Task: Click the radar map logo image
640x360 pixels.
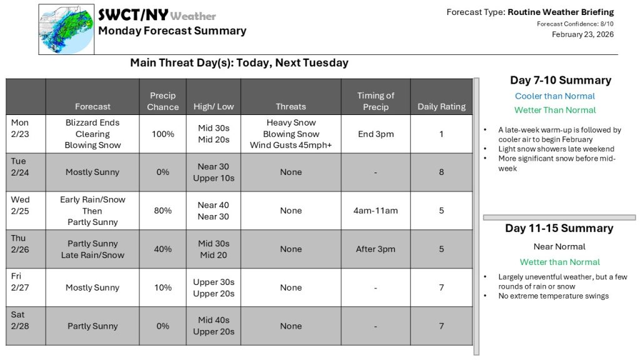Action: tap(66, 29)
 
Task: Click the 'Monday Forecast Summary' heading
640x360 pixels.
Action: tap(172, 31)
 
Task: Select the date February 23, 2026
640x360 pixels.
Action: tap(582, 34)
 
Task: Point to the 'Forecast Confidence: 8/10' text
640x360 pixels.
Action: tap(575, 24)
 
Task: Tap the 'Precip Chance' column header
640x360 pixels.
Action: tap(162, 101)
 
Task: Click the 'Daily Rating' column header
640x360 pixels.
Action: tap(441, 107)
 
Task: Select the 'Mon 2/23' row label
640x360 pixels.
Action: tap(20, 128)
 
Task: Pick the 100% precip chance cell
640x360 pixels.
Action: tap(162, 134)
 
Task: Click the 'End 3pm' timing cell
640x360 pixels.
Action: tap(375, 134)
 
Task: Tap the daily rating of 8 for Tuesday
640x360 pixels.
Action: tap(441, 172)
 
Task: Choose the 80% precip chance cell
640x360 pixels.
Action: tap(162, 211)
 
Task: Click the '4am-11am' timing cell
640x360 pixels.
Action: tap(375, 211)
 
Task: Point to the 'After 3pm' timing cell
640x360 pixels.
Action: tap(375, 249)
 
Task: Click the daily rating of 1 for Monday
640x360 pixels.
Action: tap(441, 134)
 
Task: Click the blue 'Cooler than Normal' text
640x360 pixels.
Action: tap(555, 96)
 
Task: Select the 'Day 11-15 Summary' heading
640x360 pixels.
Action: tap(559, 228)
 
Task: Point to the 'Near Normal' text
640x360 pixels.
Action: tap(559, 246)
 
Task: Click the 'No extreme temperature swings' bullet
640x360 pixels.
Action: tap(553, 296)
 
